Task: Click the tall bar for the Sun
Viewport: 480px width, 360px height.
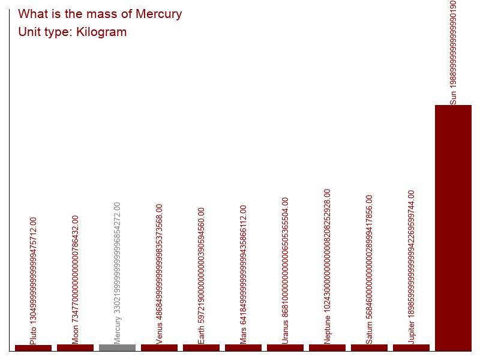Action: point(453,228)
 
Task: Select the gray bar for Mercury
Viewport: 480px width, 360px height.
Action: point(117,347)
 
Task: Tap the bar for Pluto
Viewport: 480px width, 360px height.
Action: point(33,347)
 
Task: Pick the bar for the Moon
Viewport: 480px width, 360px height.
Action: point(75,347)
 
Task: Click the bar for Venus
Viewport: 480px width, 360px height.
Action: point(159,347)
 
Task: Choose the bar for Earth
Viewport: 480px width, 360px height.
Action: point(201,347)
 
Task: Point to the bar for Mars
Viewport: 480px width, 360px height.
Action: point(243,347)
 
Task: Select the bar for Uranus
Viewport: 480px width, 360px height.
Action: point(285,347)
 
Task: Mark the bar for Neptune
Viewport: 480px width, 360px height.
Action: point(327,347)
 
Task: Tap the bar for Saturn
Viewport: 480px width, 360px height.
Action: point(369,347)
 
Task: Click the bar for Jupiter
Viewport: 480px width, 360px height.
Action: point(411,347)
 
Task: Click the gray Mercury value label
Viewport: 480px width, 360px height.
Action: point(118,273)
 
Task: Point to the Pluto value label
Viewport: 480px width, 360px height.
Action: point(34,280)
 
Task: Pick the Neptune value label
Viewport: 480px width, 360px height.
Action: point(328,266)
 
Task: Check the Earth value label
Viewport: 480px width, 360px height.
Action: point(202,275)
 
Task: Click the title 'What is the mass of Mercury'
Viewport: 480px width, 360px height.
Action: point(100,14)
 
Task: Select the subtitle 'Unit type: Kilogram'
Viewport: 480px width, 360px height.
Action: point(73,32)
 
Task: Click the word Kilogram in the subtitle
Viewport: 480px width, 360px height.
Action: point(101,32)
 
